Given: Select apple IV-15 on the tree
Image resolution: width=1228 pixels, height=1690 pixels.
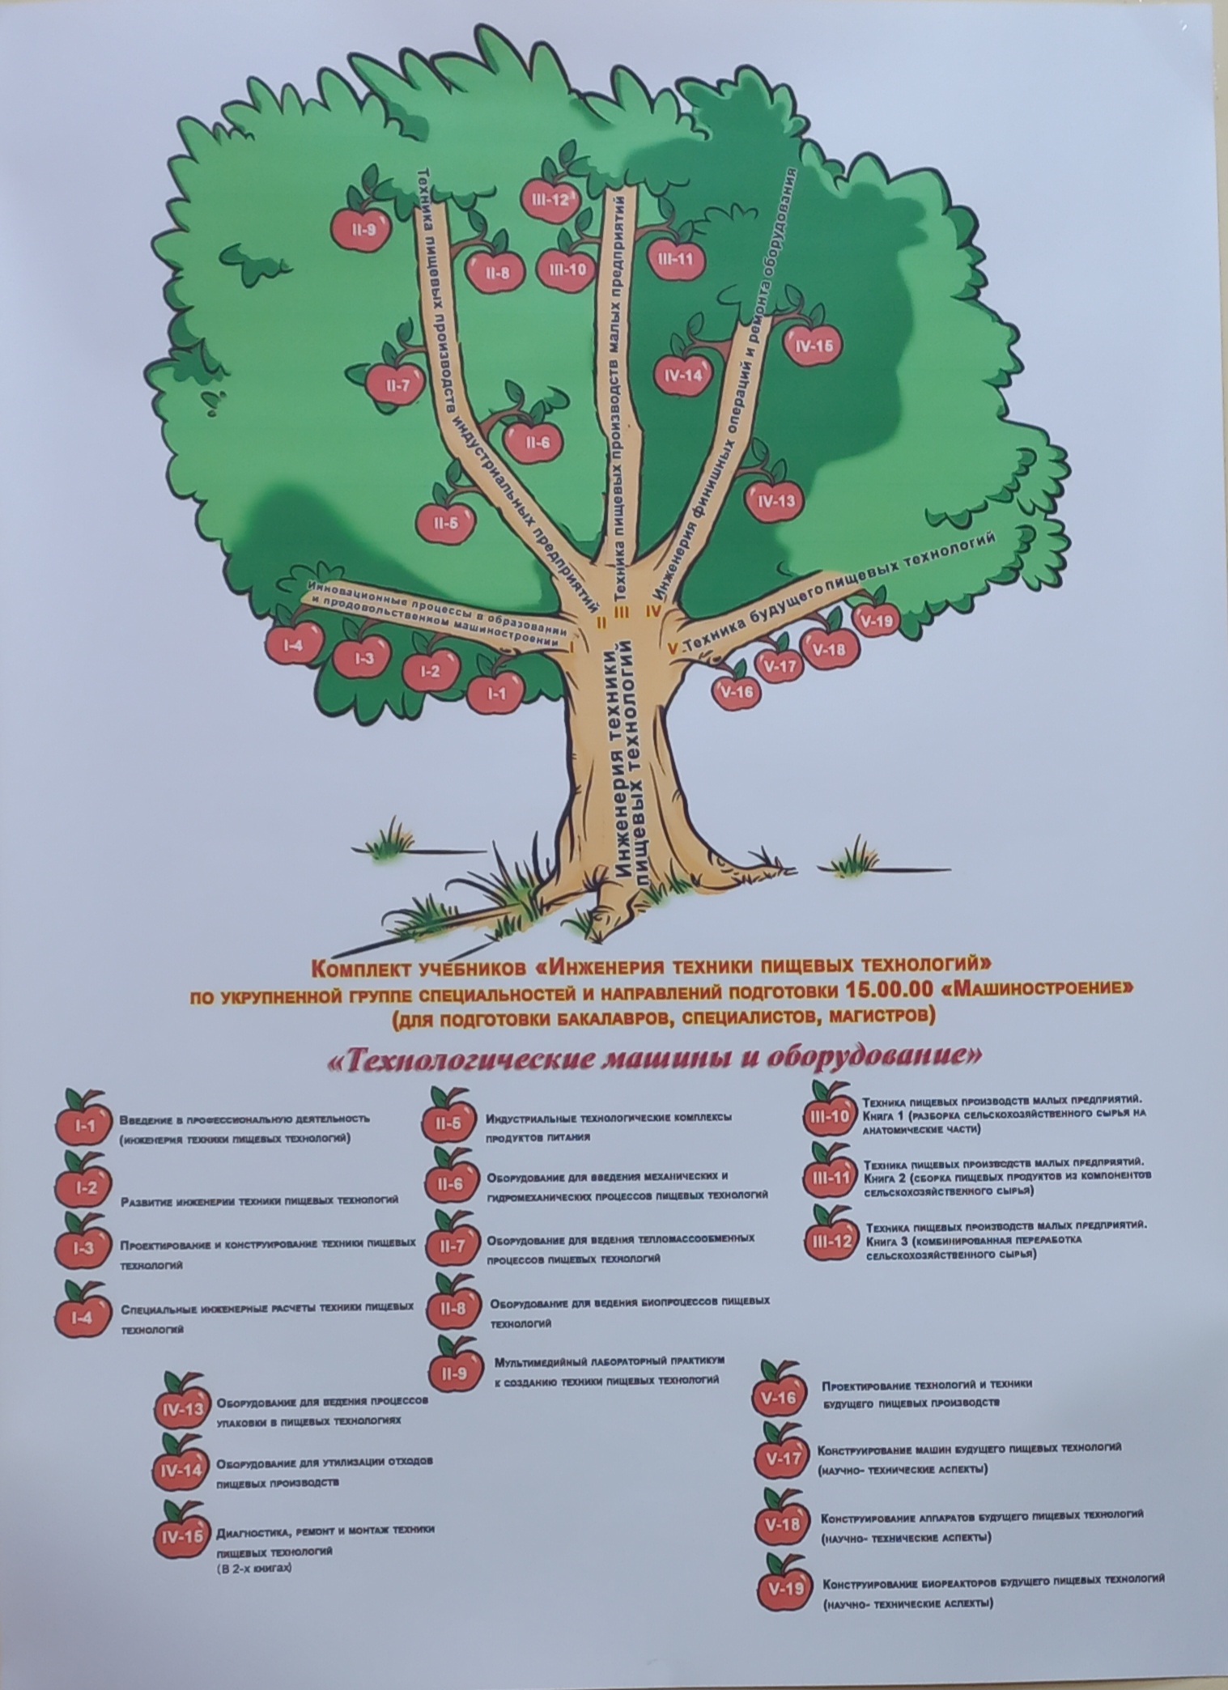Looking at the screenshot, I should point(814,346).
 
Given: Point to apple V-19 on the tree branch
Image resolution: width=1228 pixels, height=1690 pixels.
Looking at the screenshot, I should point(877,621).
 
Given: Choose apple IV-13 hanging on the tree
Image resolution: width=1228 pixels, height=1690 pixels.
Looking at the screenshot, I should point(775,500).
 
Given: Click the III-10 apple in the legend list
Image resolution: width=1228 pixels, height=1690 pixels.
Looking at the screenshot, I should point(828,1117).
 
